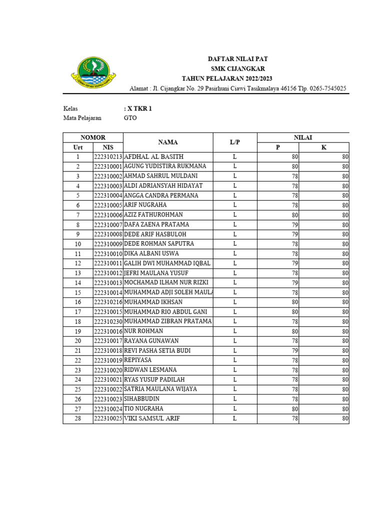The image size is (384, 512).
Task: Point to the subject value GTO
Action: coord(130,118)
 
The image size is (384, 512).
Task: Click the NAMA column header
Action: coord(168,142)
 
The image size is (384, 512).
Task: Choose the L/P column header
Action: coord(235,142)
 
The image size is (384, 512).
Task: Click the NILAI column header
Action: coord(303,137)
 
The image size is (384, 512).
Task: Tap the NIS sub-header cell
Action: coord(108,147)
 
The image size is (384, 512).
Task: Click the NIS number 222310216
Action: coord(108,302)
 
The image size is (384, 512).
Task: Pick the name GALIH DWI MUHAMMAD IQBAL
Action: coord(167,263)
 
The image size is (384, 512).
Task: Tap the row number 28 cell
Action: coord(78,418)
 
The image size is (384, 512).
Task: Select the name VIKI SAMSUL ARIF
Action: coord(152,418)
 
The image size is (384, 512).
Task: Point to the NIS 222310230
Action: coord(108,321)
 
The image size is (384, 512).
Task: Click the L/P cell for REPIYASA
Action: coord(235,360)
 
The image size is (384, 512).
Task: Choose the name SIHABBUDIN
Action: coord(142,399)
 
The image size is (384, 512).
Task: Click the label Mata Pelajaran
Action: coord(82,118)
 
